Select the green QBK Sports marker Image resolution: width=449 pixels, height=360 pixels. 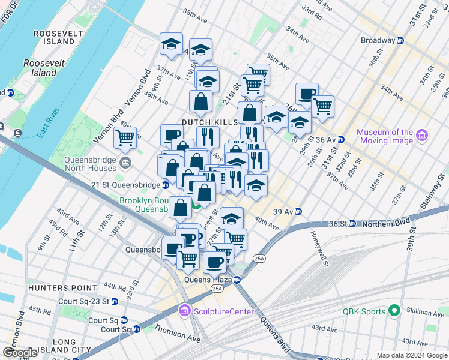[393, 311]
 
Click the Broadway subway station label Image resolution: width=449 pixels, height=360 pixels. [378, 40]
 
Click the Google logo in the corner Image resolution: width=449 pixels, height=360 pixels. [20, 353]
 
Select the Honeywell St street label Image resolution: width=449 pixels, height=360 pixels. [317, 247]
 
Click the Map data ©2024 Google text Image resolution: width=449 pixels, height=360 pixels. [411, 355]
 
